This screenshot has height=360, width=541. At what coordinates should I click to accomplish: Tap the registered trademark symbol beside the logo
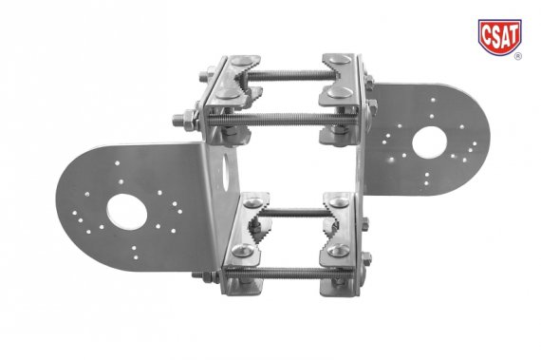pos(517,56)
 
